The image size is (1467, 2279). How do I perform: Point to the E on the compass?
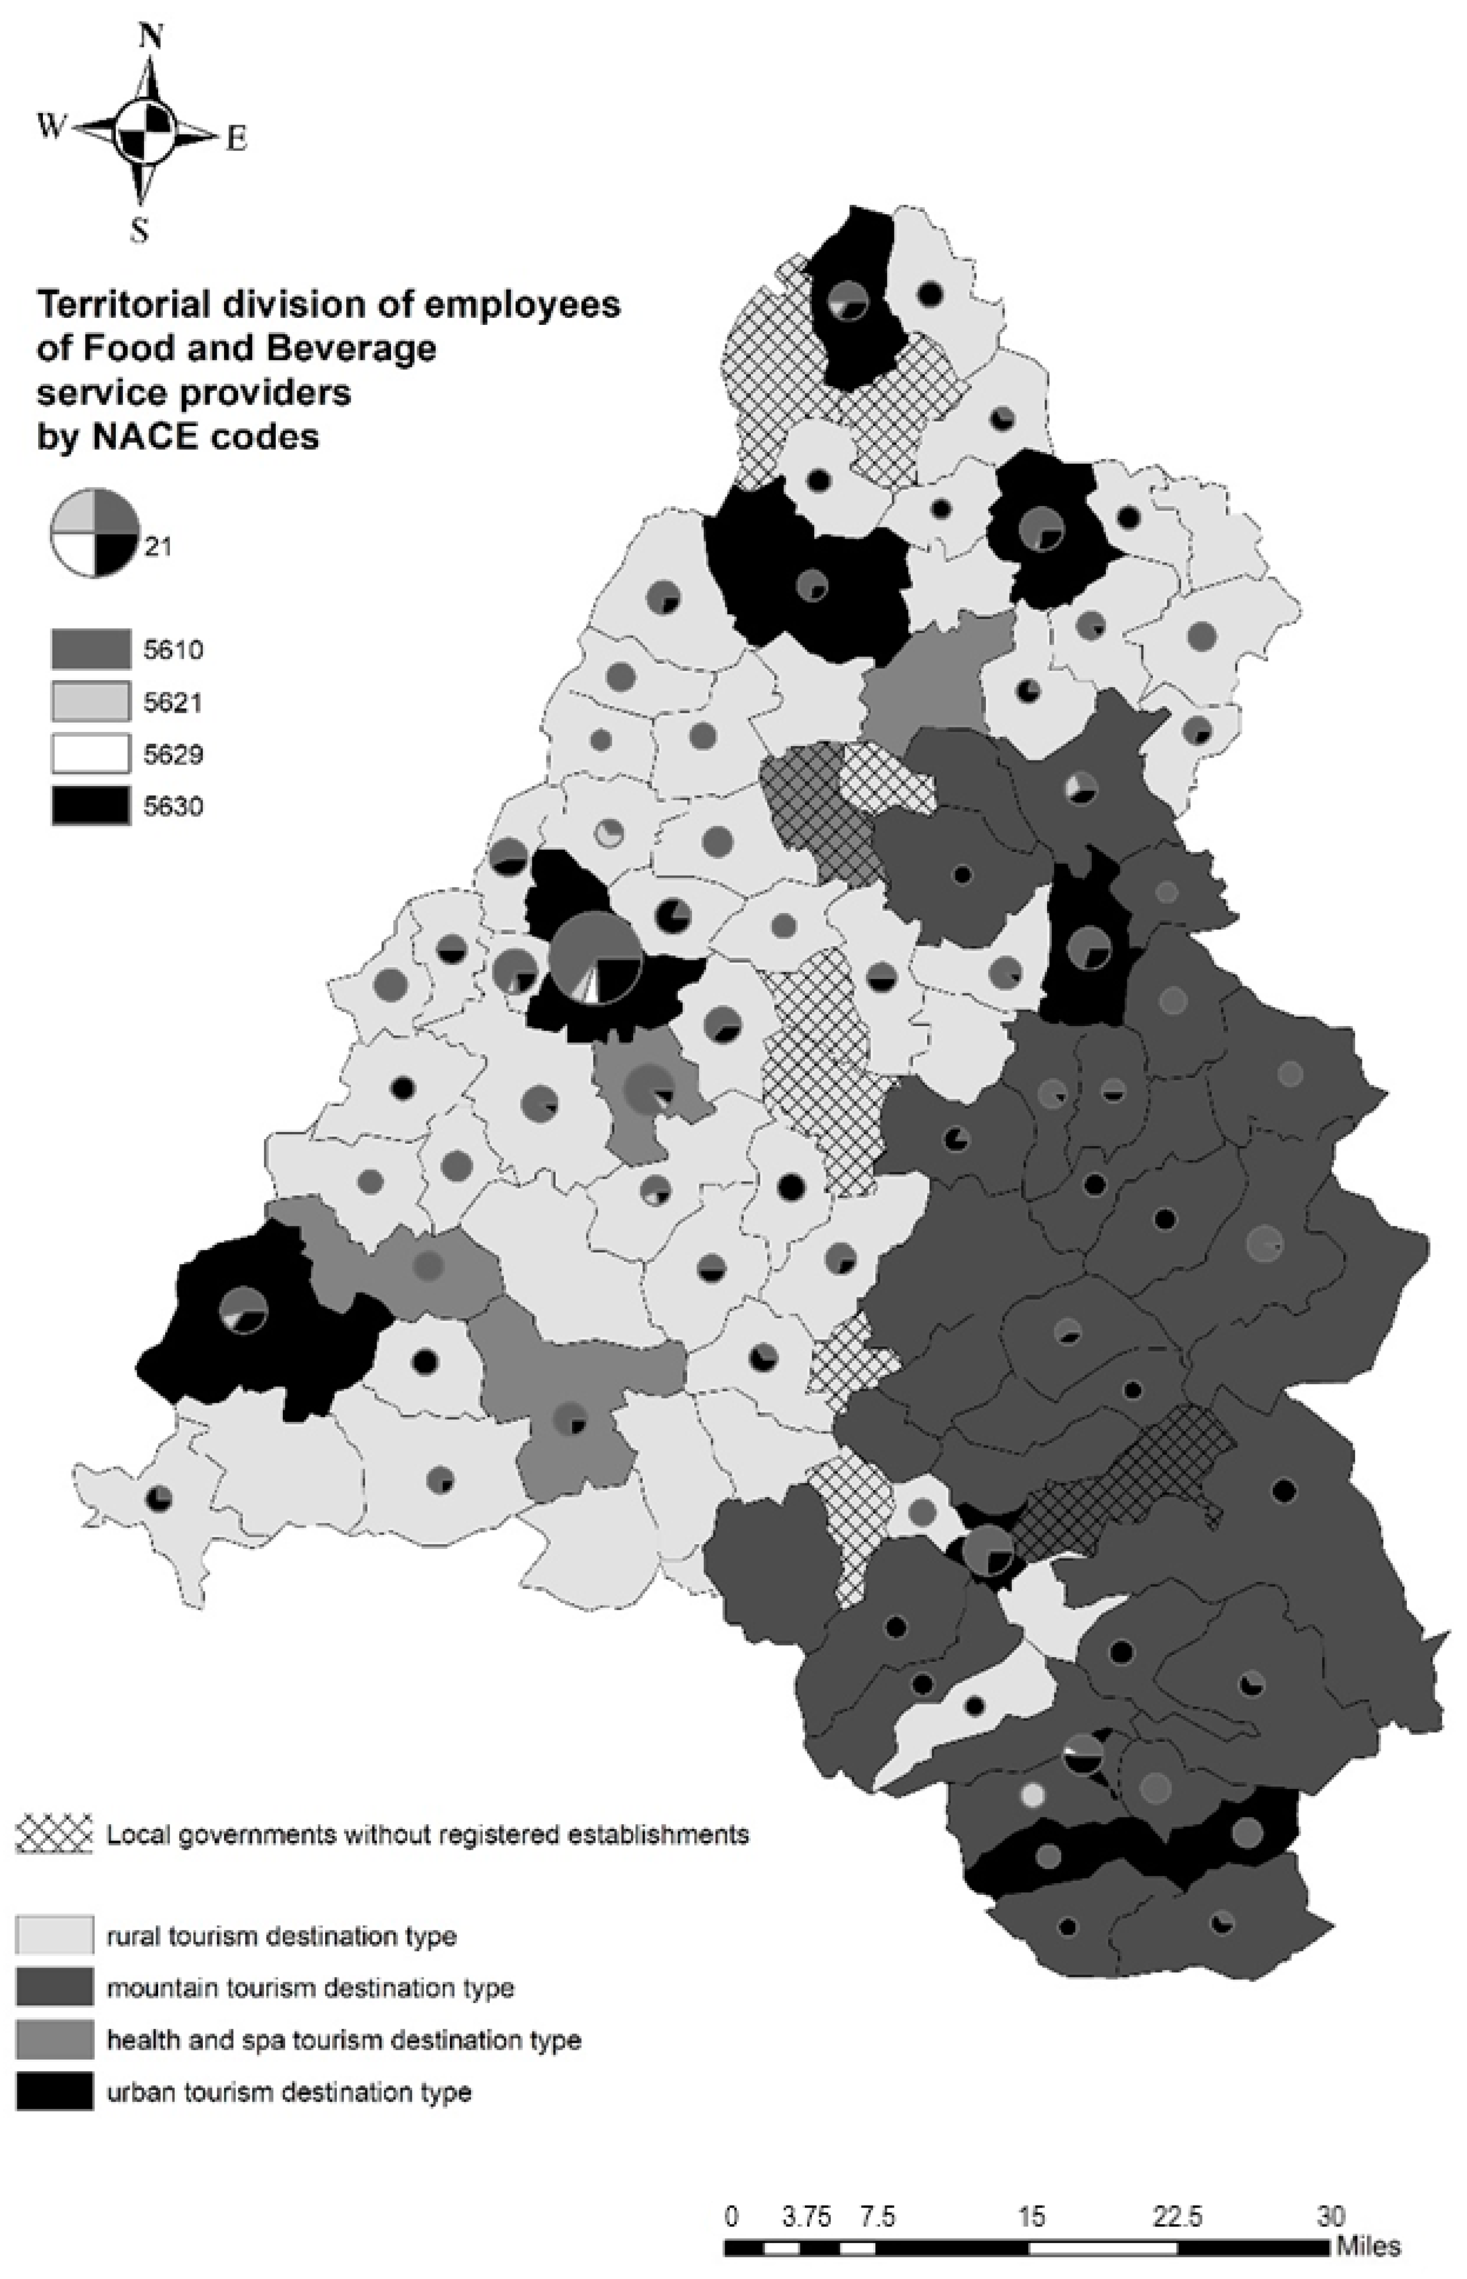coord(236,140)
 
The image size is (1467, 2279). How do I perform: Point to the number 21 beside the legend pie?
coord(158,547)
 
